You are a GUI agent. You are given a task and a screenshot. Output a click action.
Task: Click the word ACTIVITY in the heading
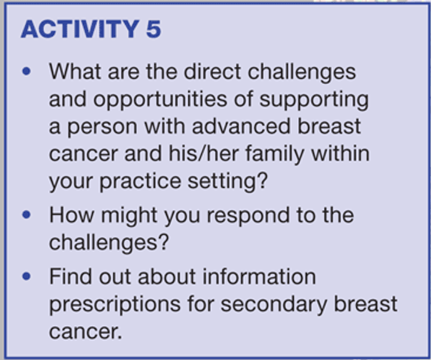point(80,29)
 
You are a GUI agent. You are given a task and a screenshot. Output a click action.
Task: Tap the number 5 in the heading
point(153,29)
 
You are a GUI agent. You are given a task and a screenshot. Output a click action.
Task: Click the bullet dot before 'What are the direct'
point(26,71)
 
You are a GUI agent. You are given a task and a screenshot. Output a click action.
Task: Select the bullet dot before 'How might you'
point(26,215)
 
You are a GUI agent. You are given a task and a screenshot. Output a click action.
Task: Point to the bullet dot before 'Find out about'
point(26,276)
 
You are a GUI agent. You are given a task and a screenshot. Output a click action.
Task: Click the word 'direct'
point(213,72)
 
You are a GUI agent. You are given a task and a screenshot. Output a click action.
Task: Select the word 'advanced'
point(241,126)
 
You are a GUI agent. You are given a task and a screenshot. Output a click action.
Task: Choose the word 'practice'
point(140,182)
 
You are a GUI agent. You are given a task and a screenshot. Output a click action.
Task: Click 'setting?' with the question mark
point(228,182)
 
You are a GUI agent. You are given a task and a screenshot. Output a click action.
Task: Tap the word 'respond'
point(248,216)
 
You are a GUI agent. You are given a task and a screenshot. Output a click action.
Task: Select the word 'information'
point(259,276)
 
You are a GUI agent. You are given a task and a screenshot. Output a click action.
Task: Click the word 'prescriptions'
point(115,305)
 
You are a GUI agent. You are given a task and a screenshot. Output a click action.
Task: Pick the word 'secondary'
point(274,305)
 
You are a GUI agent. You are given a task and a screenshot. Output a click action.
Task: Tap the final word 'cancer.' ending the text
point(85,332)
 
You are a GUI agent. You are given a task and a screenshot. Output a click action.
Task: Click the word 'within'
point(340,154)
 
